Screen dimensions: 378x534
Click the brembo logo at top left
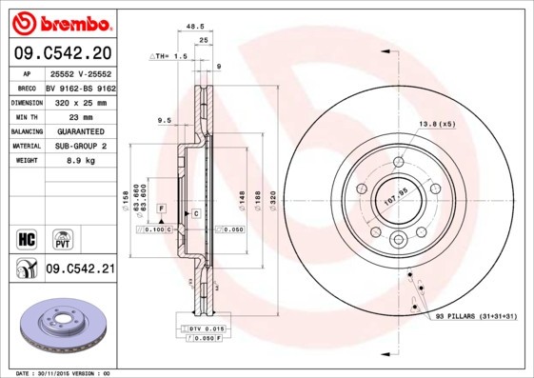coord(63,22)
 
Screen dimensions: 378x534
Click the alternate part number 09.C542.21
coord(80,269)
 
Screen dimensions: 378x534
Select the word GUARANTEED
coord(74,130)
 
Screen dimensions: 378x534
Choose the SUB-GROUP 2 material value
coord(74,146)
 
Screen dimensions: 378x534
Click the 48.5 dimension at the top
coord(196,28)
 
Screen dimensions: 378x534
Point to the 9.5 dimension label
coord(163,120)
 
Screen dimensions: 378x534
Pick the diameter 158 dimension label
coord(126,200)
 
